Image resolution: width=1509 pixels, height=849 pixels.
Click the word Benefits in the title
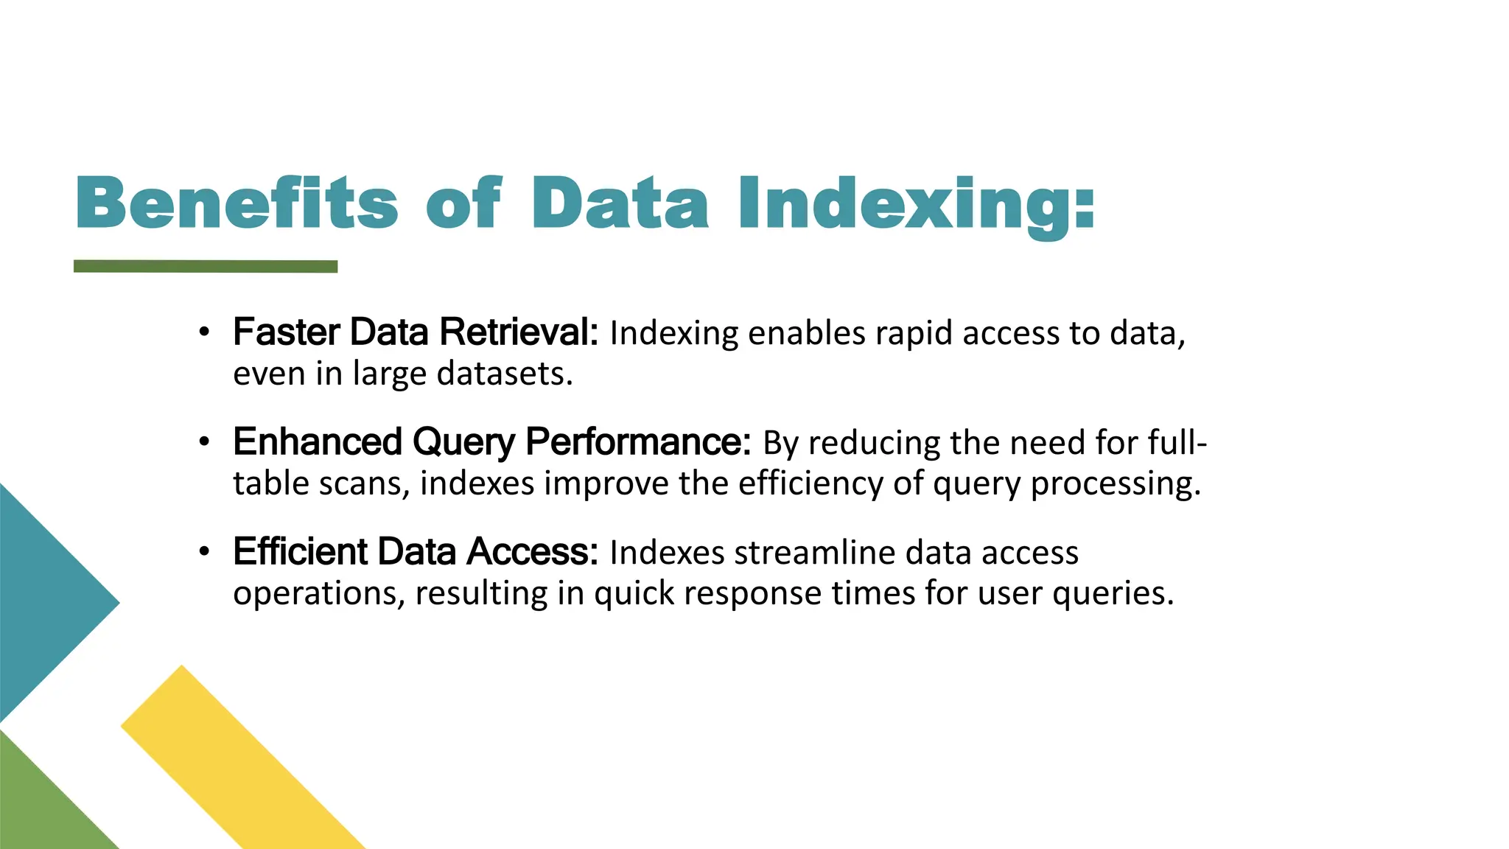pos(237,203)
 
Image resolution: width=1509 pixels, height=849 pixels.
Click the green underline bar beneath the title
pos(206,266)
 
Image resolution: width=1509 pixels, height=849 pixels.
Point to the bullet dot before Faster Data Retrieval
pos(205,332)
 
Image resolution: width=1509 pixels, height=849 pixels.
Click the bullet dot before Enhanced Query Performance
pos(205,442)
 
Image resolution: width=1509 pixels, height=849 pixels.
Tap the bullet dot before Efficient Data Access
pos(205,551)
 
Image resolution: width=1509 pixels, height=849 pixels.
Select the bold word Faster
pos(287,332)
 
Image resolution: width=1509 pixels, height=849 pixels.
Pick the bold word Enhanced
pos(318,442)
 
